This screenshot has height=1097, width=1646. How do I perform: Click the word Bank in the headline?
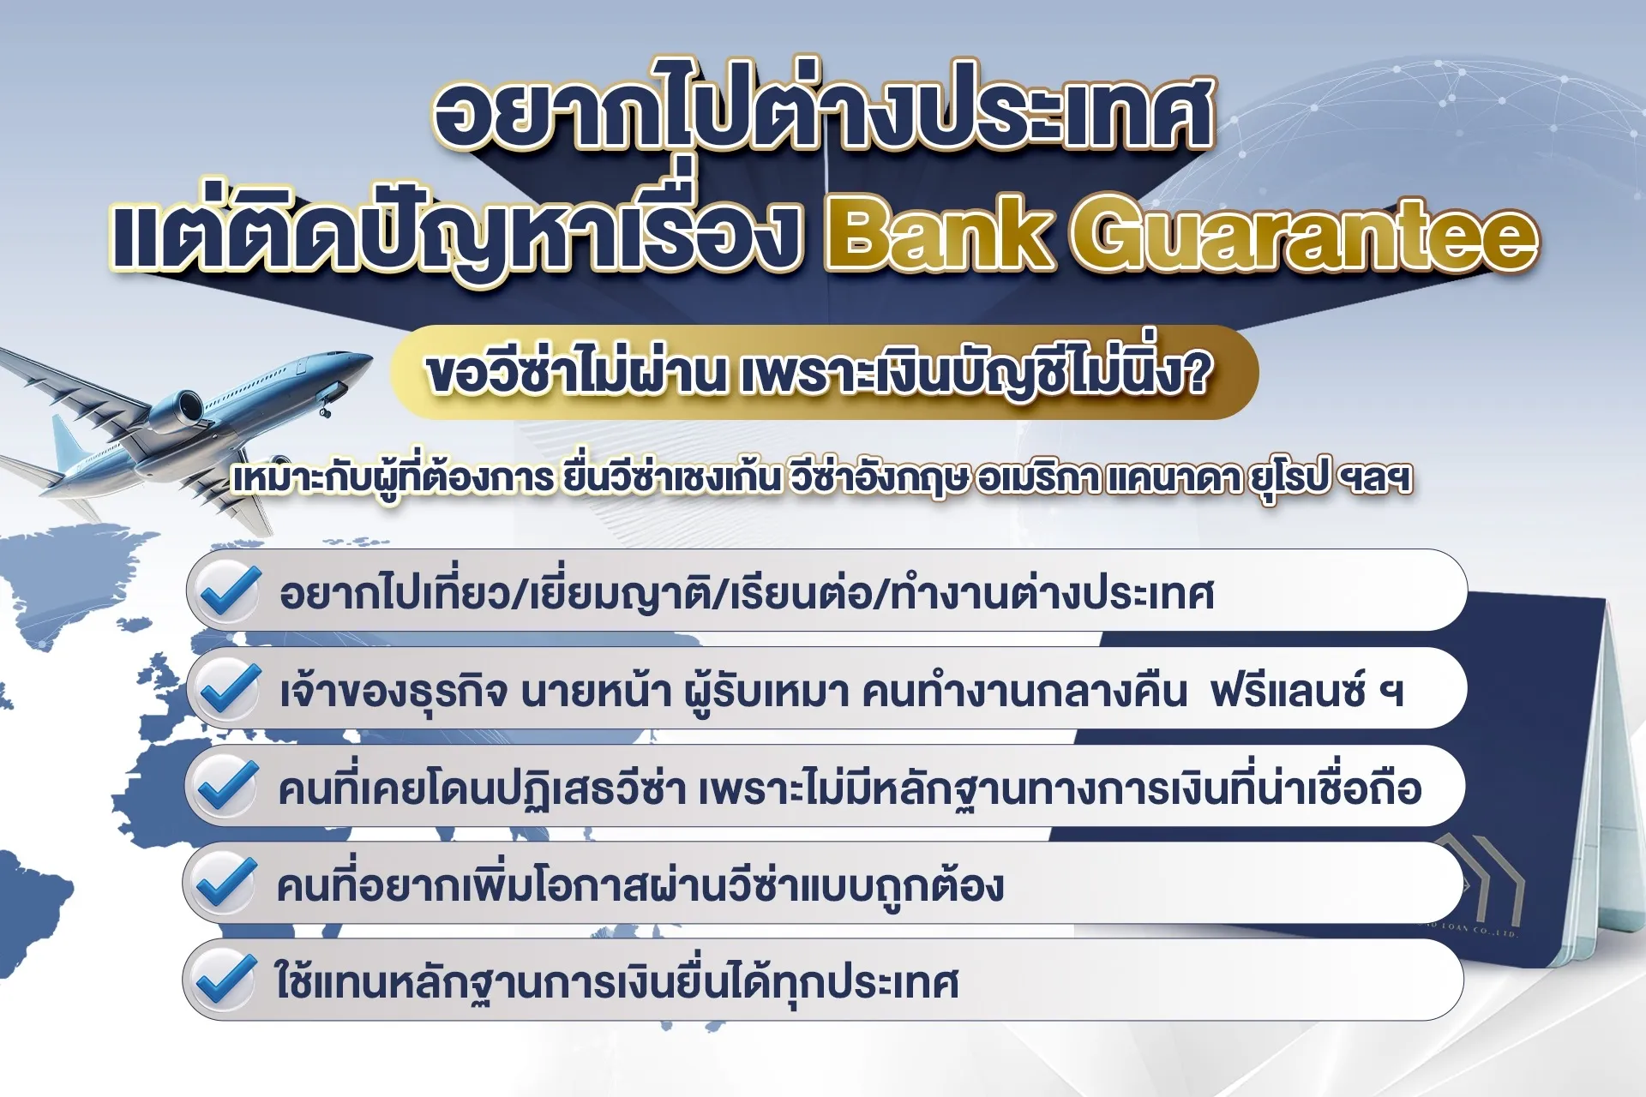[x=939, y=233]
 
